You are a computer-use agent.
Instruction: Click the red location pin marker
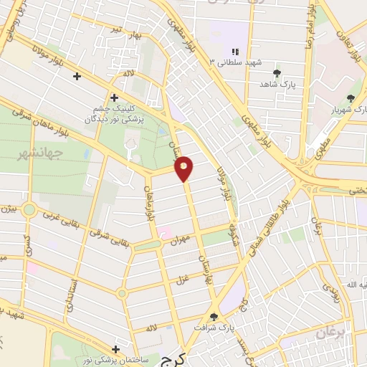(x=185, y=168)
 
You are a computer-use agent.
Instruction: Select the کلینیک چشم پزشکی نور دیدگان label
(x=113, y=113)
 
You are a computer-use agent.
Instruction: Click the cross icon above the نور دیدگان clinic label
(x=113, y=97)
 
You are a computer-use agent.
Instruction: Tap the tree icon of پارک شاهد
(x=277, y=72)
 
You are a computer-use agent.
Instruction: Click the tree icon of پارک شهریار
(x=350, y=99)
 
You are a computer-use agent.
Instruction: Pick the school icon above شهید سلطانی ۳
(x=234, y=51)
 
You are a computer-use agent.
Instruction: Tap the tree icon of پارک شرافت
(x=213, y=315)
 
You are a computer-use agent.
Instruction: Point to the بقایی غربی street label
(x=59, y=214)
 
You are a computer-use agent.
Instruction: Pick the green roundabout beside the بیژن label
(x=29, y=209)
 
